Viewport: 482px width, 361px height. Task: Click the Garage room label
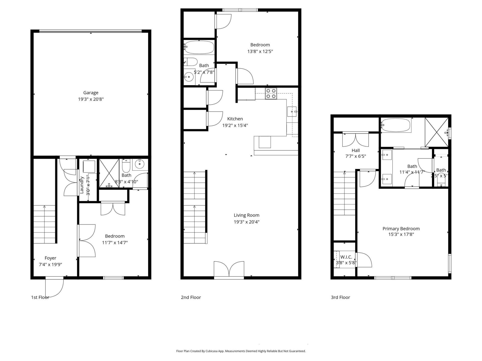click(91, 93)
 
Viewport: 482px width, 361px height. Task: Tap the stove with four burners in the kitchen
click(271, 94)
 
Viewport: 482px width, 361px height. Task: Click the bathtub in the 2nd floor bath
click(199, 47)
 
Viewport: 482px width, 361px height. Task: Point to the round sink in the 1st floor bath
click(139, 164)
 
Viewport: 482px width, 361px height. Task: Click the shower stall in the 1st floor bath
click(109, 173)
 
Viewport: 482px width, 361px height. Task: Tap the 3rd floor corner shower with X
click(436, 132)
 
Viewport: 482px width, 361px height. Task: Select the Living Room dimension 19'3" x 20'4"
click(246, 222)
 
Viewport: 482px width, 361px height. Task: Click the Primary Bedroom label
click(401, 229)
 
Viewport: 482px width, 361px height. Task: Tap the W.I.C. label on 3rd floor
click(346, 257)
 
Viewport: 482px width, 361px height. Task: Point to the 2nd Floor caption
click(191, 297)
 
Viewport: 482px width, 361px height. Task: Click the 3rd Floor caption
click(340, 297)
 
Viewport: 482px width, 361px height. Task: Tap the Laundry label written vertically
click(82, 185)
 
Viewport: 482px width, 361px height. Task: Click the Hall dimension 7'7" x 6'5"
click(355, 156)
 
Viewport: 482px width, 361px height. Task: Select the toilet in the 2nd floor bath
click(191, 61)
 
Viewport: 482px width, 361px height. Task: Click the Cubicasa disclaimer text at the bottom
click(241, 351)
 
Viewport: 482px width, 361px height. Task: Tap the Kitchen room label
click(235, 119)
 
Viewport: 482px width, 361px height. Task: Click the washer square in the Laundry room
click(89, 166)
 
